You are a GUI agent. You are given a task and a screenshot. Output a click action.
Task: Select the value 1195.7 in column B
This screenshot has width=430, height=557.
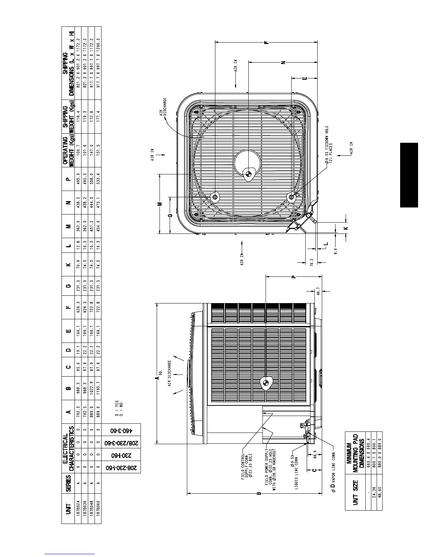coord(98,388)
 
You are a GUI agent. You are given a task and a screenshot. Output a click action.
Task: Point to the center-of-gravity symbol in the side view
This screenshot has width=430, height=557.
coord(265,384)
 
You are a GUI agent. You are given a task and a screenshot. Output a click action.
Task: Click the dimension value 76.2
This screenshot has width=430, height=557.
coord(311,262)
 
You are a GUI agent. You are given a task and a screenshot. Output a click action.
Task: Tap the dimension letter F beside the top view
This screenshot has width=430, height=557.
coord(267,42)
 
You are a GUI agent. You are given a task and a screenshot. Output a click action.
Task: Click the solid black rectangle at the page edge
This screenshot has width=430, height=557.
coord(409,175)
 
